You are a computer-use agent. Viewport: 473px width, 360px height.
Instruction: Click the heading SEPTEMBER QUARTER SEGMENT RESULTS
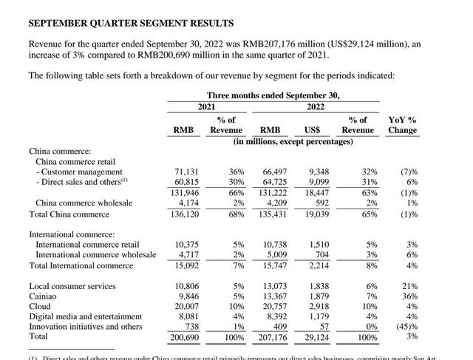click(131, 24)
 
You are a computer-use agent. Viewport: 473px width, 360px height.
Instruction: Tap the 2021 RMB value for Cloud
click(186, 306)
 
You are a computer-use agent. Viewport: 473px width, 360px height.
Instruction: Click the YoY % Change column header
click(402, 124)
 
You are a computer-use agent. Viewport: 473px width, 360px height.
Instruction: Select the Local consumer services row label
click(72, 285)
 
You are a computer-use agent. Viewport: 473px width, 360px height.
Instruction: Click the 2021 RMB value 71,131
click(186, 171)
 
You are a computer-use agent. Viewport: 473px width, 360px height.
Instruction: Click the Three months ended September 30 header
click(273, 95)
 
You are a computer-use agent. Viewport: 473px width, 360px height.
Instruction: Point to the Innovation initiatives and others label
click(86, 326)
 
